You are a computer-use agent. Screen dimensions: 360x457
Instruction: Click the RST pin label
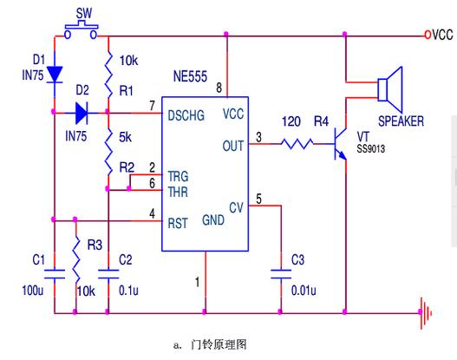178,221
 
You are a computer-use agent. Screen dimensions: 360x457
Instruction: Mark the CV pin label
236,208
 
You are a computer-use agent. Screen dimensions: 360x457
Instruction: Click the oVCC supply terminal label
439,35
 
